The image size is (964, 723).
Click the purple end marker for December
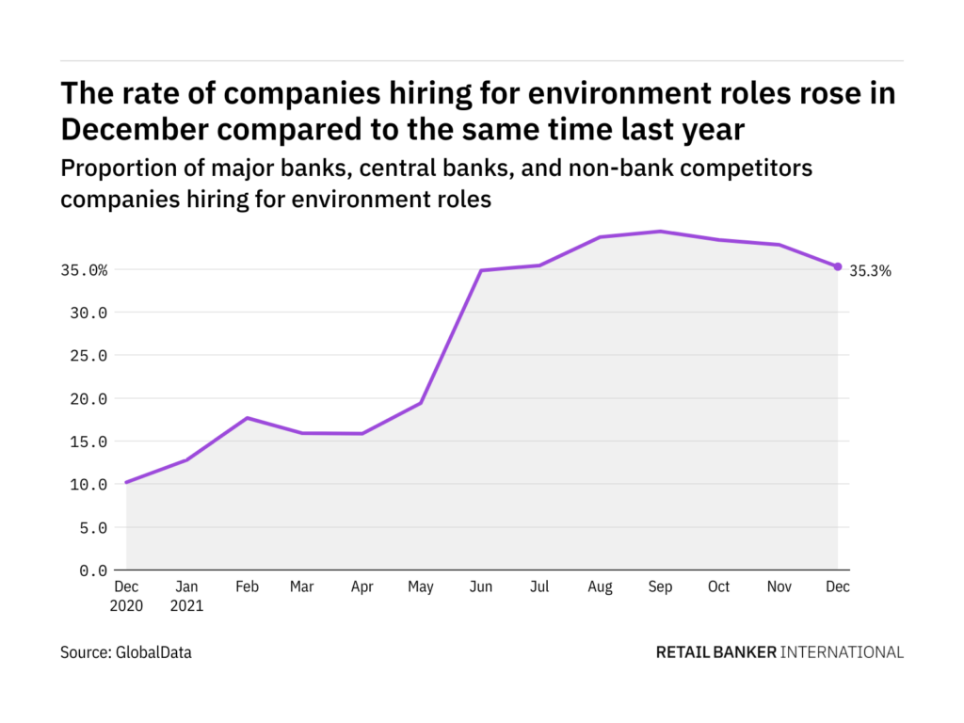pos(838,266)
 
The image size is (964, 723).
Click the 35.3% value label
pos(870,271)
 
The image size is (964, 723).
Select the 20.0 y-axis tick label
pos(90,399)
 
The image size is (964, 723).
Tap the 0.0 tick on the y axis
pos(94,570)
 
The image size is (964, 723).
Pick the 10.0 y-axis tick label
pos(90,485)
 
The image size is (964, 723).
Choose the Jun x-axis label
pos(480,587)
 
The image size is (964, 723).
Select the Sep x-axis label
pos(660,587)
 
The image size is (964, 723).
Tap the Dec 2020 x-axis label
pos(125,596)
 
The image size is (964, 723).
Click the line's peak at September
pos(660,232)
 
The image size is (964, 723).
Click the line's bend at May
pos(421,403)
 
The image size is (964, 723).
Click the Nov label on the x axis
pos(779,587)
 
